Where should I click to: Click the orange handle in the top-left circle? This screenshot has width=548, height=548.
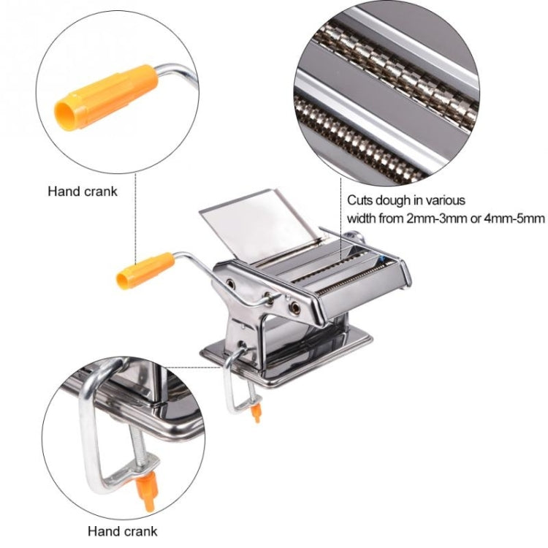(106, 96)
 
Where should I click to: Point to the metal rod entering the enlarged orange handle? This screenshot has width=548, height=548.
(175, 70)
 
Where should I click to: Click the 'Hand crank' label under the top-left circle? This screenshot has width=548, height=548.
(83, 191)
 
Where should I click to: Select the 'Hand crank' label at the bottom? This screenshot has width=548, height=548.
(122, 531)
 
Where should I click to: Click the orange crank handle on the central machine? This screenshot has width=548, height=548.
(145, 270)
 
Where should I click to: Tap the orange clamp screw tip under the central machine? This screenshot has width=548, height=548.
(256, 414)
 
